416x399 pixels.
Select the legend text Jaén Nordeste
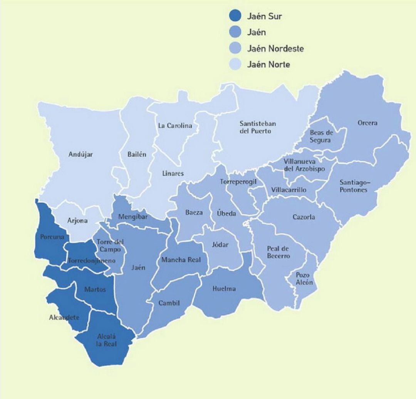[275, 49]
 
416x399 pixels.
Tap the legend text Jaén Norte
[268, 65]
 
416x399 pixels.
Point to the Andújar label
[81, 155]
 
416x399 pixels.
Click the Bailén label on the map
[137, 155]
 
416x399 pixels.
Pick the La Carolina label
[175, 125]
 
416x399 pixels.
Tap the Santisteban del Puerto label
[258, 127]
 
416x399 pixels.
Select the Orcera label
[367, 123]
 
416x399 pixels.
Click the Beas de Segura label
[320, 136]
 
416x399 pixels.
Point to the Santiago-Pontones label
[354, 186]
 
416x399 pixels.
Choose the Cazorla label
[303, 217]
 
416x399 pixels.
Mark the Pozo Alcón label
[304, 279]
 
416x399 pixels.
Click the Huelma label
[224, 289]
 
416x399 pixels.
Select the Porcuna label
[52, 237]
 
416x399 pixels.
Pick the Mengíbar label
[133, 217]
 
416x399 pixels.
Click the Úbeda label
[226, 214]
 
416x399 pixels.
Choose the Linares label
[173, 174]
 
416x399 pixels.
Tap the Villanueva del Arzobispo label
[304, 165]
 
